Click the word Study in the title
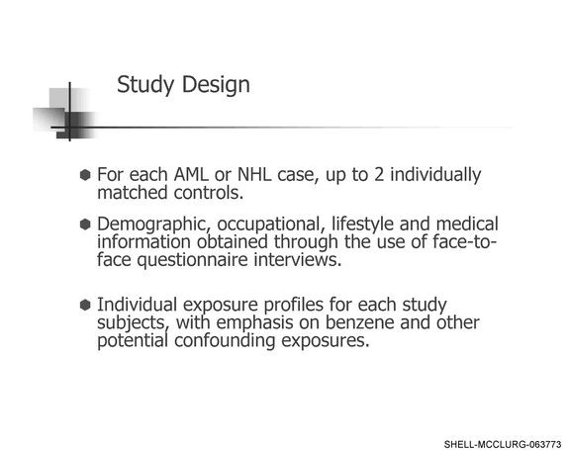coord(145,85)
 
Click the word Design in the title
coord(216,85)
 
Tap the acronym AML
coord(191,174)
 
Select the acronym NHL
coord(254,174)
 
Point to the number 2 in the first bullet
coord(379,174)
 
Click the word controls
coord(208,193)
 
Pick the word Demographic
coord(154,225)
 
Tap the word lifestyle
coord(362,225)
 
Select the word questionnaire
coord(192,260)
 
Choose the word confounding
coord(225,341)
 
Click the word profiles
coord(294,305)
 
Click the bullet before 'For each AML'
coord(85,175)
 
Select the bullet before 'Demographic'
coord(85,225)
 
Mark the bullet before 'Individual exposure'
coord(85,305)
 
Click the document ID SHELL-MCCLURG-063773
coord(503,444)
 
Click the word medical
coord(467,225)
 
